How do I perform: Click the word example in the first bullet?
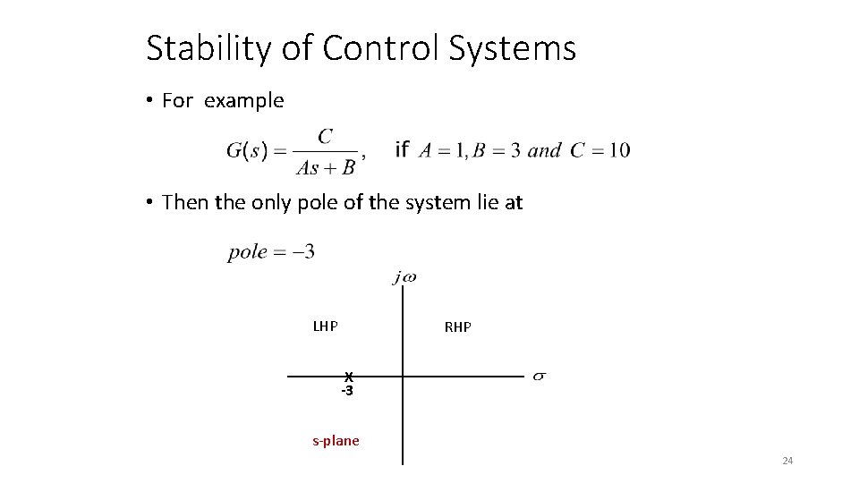(243, 101)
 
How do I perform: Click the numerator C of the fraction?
(326, 136)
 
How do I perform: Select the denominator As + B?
(326, 166)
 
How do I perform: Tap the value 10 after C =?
(617, 149)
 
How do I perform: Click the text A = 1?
(441, 150)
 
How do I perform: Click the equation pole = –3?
(271, 251)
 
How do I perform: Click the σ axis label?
(540, 377)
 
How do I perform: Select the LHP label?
(325, 326)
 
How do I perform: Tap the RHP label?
(457, 327)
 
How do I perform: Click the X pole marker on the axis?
(349, 377)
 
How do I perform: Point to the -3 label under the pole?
(346, 391)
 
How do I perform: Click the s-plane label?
(336, 440)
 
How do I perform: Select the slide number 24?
(787, 461)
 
